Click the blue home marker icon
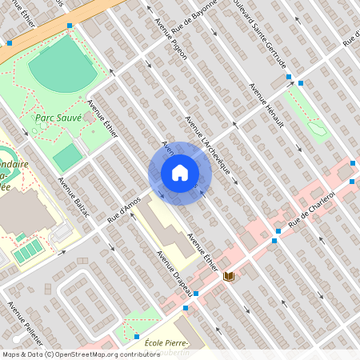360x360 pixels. [179, 173]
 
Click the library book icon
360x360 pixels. [230, 277]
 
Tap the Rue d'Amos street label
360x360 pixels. [124, 210]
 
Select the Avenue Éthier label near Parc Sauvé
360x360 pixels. [103, 118]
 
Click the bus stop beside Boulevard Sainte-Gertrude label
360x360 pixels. [289, 78]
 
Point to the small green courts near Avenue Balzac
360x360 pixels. [29, 251]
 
